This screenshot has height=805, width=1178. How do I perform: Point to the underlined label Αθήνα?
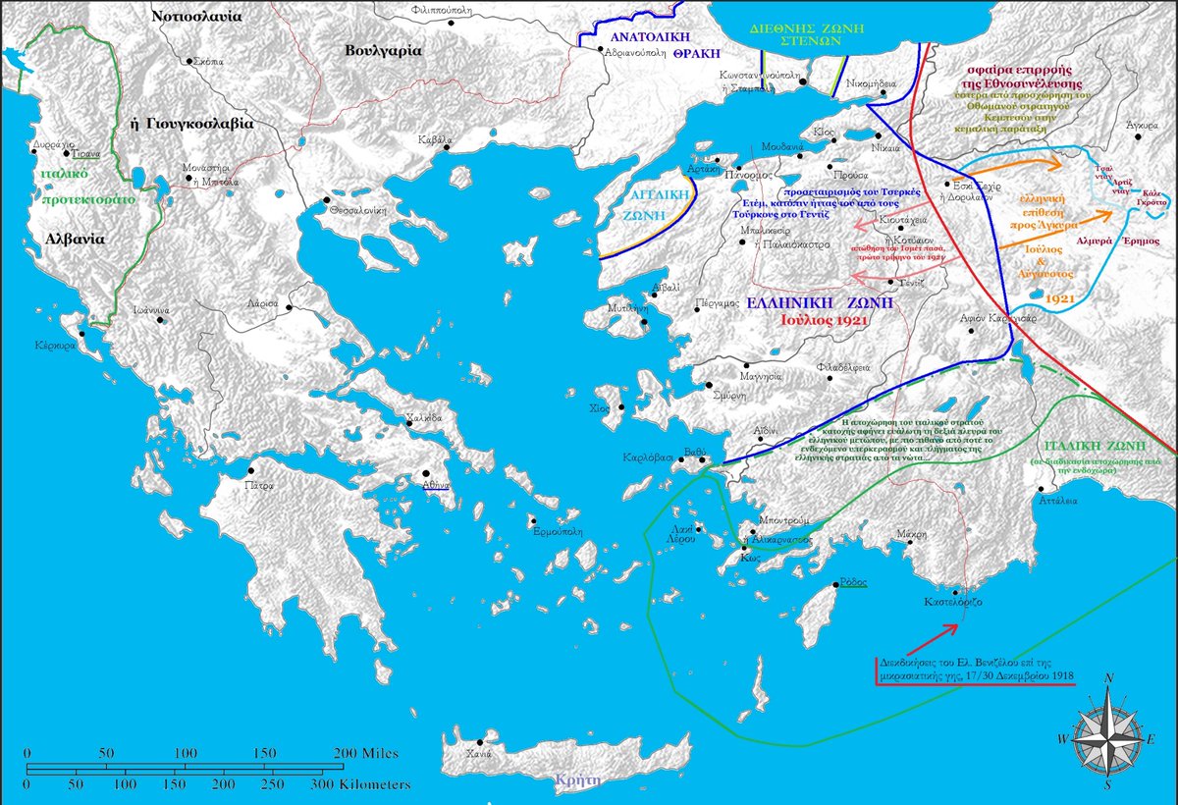(436, 486)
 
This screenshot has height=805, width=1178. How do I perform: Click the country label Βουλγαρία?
(384, 50)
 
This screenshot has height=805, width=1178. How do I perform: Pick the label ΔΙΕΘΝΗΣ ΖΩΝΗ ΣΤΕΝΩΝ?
(790, 35)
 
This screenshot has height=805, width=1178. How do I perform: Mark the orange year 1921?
(1059, 295)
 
